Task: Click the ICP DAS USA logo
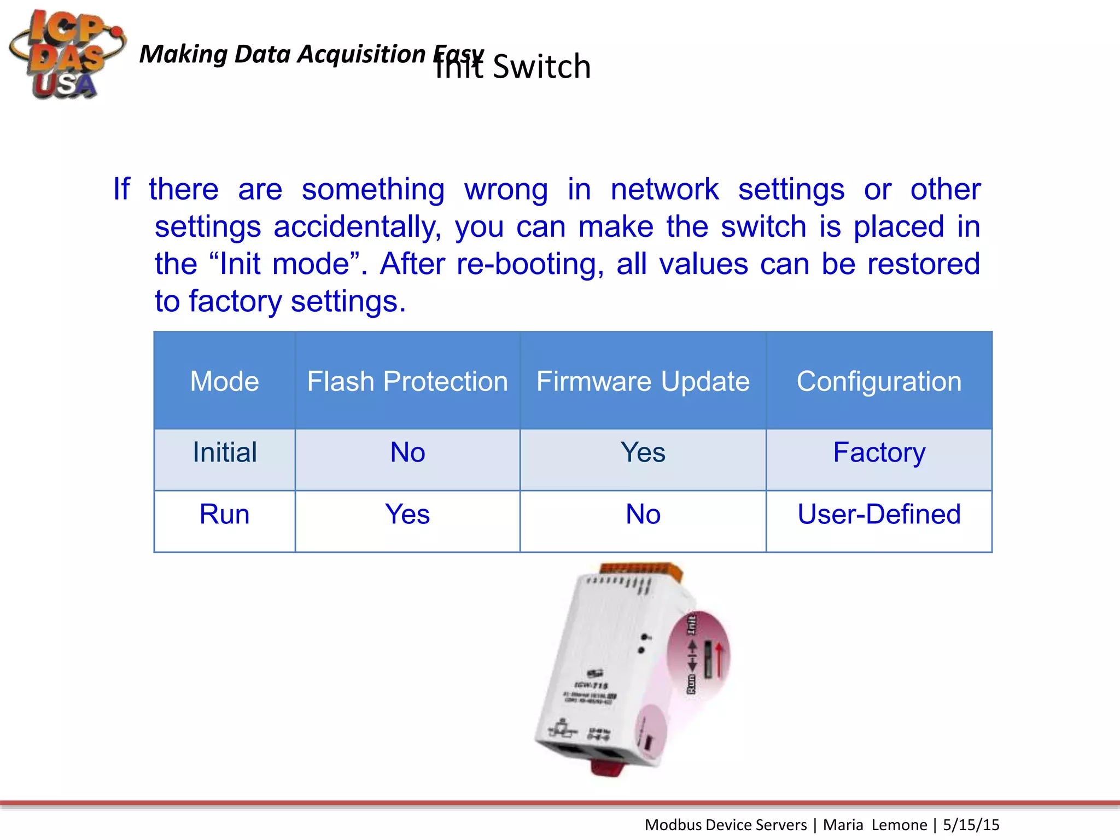(66, 55)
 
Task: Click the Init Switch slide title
(513, 67)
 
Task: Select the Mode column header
(224, 381)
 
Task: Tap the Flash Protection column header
(407, 381)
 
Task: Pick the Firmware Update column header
(643, 381)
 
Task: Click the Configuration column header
(879, 381)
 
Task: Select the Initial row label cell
(224, 453)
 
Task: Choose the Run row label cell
(224, 515)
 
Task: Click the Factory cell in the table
(879, 453)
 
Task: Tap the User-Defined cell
(879, 515)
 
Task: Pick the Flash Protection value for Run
(407, 515)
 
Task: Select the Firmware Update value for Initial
(643, 453)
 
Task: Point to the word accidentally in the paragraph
(357, 227)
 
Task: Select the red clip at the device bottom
(607, 768)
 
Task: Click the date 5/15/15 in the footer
(971, 825)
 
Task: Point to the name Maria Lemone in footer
(874, 825)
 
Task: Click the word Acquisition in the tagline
(361, 54)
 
